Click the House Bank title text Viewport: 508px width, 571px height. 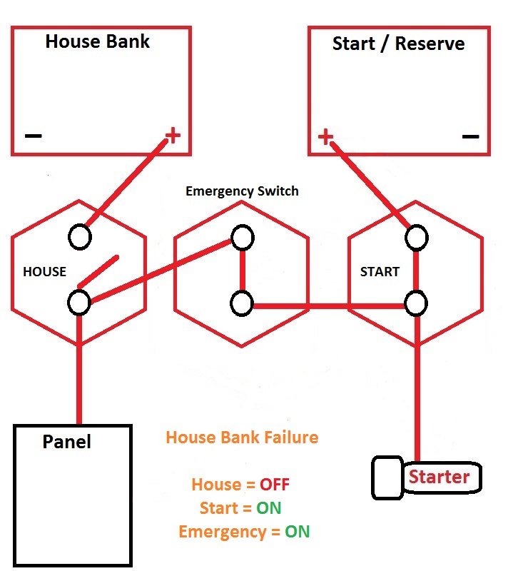pyautogui.click(x=97, y=41)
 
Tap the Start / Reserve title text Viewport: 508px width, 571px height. pyautogui.click(x=398, y=44)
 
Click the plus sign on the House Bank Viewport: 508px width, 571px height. pyautogui.click(x=173, y=135)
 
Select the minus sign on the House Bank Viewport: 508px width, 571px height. pyautogui.click(x=33, y=136)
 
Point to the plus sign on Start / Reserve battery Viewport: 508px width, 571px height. pyautogui.click(x=325, y=136)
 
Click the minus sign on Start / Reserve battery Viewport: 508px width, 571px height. pyautogui.click(x=470, y=136)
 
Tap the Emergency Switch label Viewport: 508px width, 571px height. pyautogui.click(x=242, y=191)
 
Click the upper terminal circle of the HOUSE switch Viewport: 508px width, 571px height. pyautogui.click(x=80, y=237)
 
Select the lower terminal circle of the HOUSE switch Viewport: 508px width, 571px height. pyautogui.click(x=79, y=302)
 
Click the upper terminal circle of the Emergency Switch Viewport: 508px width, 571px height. pyautogui.click(x=243, y=238)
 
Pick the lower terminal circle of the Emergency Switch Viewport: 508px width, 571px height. pyautogui.click(x=242, y=303)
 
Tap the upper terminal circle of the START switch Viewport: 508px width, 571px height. pyautogui.click(x=416, y=238)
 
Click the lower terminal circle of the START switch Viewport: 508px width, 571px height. pyautogui.click(x=416, y=303)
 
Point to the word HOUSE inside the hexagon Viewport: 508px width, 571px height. pyautogui.click(x=44, y=272)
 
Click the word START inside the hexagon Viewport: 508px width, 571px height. pyautogui.click(x=380, y=272)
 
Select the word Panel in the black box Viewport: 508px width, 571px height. pyautogui.click(x=66, y=442)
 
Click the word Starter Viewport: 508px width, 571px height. pyautogui.click(x=440, y=477)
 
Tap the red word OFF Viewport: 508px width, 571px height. pyautogui.click(x=275, y=485)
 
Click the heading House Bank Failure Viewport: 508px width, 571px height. pyautogui.click(x=242, y=438)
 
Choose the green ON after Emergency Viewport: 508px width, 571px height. pyautogui.click(x=298, y=532)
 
